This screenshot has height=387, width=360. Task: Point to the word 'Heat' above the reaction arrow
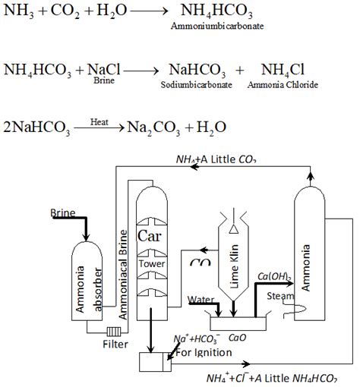pos(99,120)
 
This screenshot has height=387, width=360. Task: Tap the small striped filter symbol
pos(114,332)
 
